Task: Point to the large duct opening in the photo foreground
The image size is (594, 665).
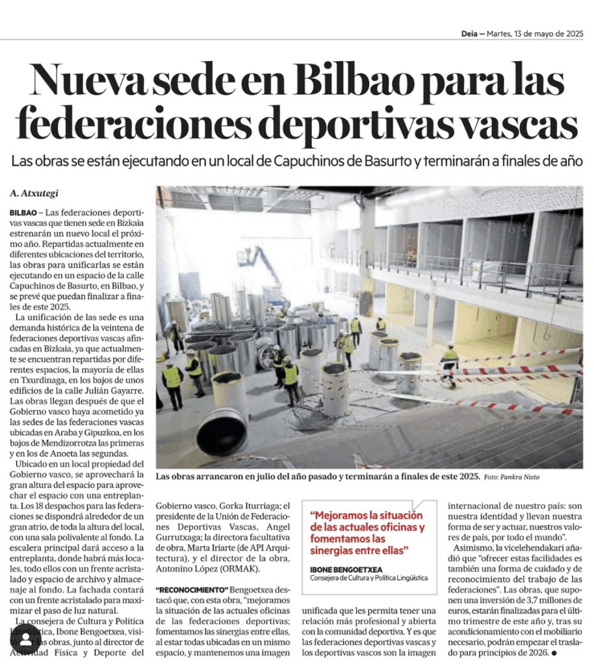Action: (x=221, y=431)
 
